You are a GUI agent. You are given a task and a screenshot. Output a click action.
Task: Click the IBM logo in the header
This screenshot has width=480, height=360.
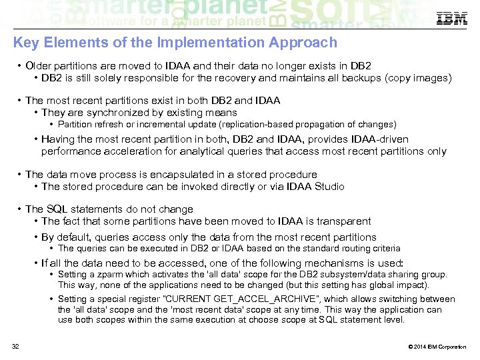click(451, 19)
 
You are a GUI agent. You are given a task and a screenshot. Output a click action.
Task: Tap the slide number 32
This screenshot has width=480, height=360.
click(15, 346)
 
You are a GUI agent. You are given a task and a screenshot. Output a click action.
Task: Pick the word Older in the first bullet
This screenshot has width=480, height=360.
click(39, 66)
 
